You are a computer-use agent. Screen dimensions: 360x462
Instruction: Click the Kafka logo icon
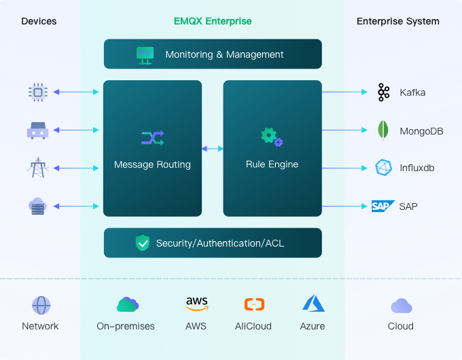click(x=384, y=92)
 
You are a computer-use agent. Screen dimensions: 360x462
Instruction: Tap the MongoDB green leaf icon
click(x=384, y=130)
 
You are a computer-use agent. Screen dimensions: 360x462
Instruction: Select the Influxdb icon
click(x=384, y=168)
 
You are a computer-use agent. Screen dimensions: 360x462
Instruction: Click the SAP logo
click(x=383, y=206)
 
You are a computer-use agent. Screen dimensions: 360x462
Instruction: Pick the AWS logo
click(x=196, y=304)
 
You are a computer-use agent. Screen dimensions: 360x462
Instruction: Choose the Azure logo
click(x=313, y=304)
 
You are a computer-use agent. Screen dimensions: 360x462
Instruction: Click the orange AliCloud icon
click(x=253, y=304)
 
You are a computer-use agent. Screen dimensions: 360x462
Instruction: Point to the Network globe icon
click(x=41, y=305)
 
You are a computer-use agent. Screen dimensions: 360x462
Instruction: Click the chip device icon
click(x=37, y=92)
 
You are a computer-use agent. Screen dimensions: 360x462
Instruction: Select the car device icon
click(x=37, y=130)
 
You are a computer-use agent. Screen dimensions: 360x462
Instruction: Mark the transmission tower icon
click(x=37, y=167)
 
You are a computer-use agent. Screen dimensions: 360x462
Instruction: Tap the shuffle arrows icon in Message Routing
click(x=152, y=139)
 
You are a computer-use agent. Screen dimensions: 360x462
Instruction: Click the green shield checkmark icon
click(x=143, y=242)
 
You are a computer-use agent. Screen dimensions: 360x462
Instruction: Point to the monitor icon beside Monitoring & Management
click(x=145, y=54)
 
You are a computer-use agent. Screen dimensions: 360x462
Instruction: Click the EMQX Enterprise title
click(x=213, y=21)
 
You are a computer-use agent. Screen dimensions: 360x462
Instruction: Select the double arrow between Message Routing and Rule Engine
click(x=213, y=148)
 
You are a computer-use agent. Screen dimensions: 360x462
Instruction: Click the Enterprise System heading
click(x=398, y=21)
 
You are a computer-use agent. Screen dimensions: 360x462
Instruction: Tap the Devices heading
click(x=39, y=21)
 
